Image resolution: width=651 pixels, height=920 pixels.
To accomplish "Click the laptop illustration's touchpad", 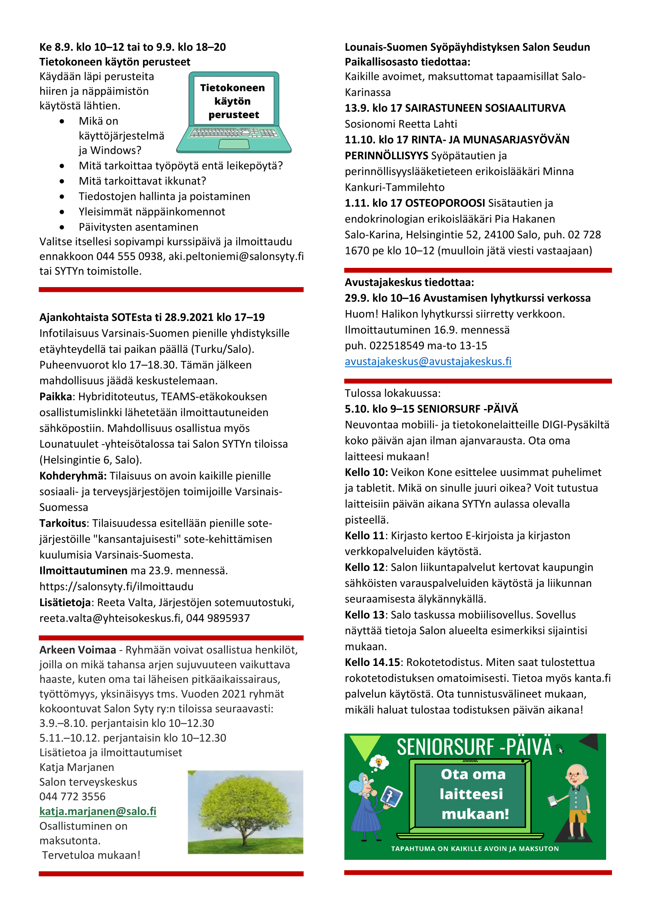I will tap(234, 144).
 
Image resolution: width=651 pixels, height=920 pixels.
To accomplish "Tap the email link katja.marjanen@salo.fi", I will tap(98, 811).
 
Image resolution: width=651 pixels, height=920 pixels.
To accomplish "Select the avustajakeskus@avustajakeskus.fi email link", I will tap(428, 361).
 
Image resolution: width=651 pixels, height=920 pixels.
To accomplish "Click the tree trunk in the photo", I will tap(244, 835).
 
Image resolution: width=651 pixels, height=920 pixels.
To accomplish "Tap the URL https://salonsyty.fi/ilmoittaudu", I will tap(116, 586).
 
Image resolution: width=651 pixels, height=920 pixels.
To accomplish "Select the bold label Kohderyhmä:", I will tap(73, 476).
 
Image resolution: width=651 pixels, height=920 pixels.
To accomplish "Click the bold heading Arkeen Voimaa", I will tap(78, 650).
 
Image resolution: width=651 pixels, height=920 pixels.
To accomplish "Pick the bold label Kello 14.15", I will tap(372, 662).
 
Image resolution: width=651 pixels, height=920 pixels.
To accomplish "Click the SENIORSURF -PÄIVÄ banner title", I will tap(474, 747).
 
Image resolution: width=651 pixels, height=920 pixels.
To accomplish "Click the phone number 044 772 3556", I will tap(72, 796).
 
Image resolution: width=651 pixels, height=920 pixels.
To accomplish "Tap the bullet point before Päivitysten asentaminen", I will tap(62, 227).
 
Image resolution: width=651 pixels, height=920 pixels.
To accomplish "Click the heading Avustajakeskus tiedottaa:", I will tap(409, 282).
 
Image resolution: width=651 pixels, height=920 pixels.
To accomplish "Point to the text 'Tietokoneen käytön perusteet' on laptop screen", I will tap(233, 101).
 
